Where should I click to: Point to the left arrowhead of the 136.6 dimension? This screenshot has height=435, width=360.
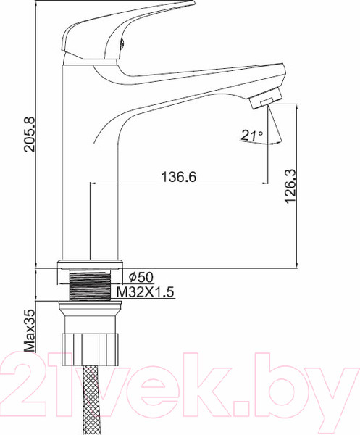(x=93, y=183)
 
